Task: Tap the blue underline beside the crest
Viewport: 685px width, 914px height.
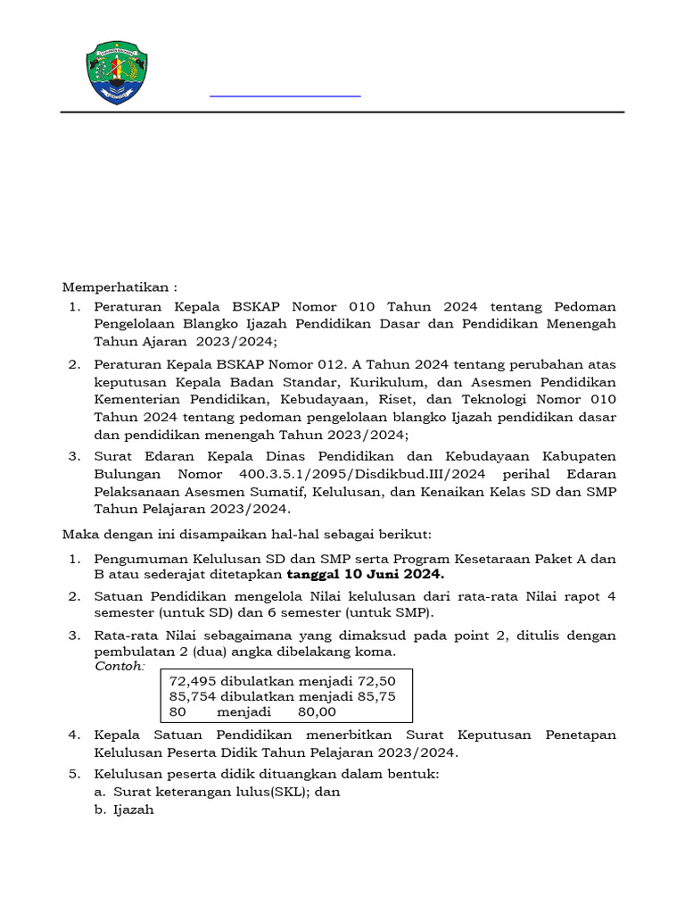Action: coord(285,95)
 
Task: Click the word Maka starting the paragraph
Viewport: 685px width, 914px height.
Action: coord(78,534)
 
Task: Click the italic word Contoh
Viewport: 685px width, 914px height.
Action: coord(119,667)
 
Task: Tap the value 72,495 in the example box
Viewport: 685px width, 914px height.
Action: coord(192,680)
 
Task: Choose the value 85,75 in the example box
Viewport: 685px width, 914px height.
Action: coord(376,696)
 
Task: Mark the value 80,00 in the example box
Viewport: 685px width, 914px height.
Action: coord(316,712)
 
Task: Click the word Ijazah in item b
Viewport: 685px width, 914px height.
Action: coord(134,810)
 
